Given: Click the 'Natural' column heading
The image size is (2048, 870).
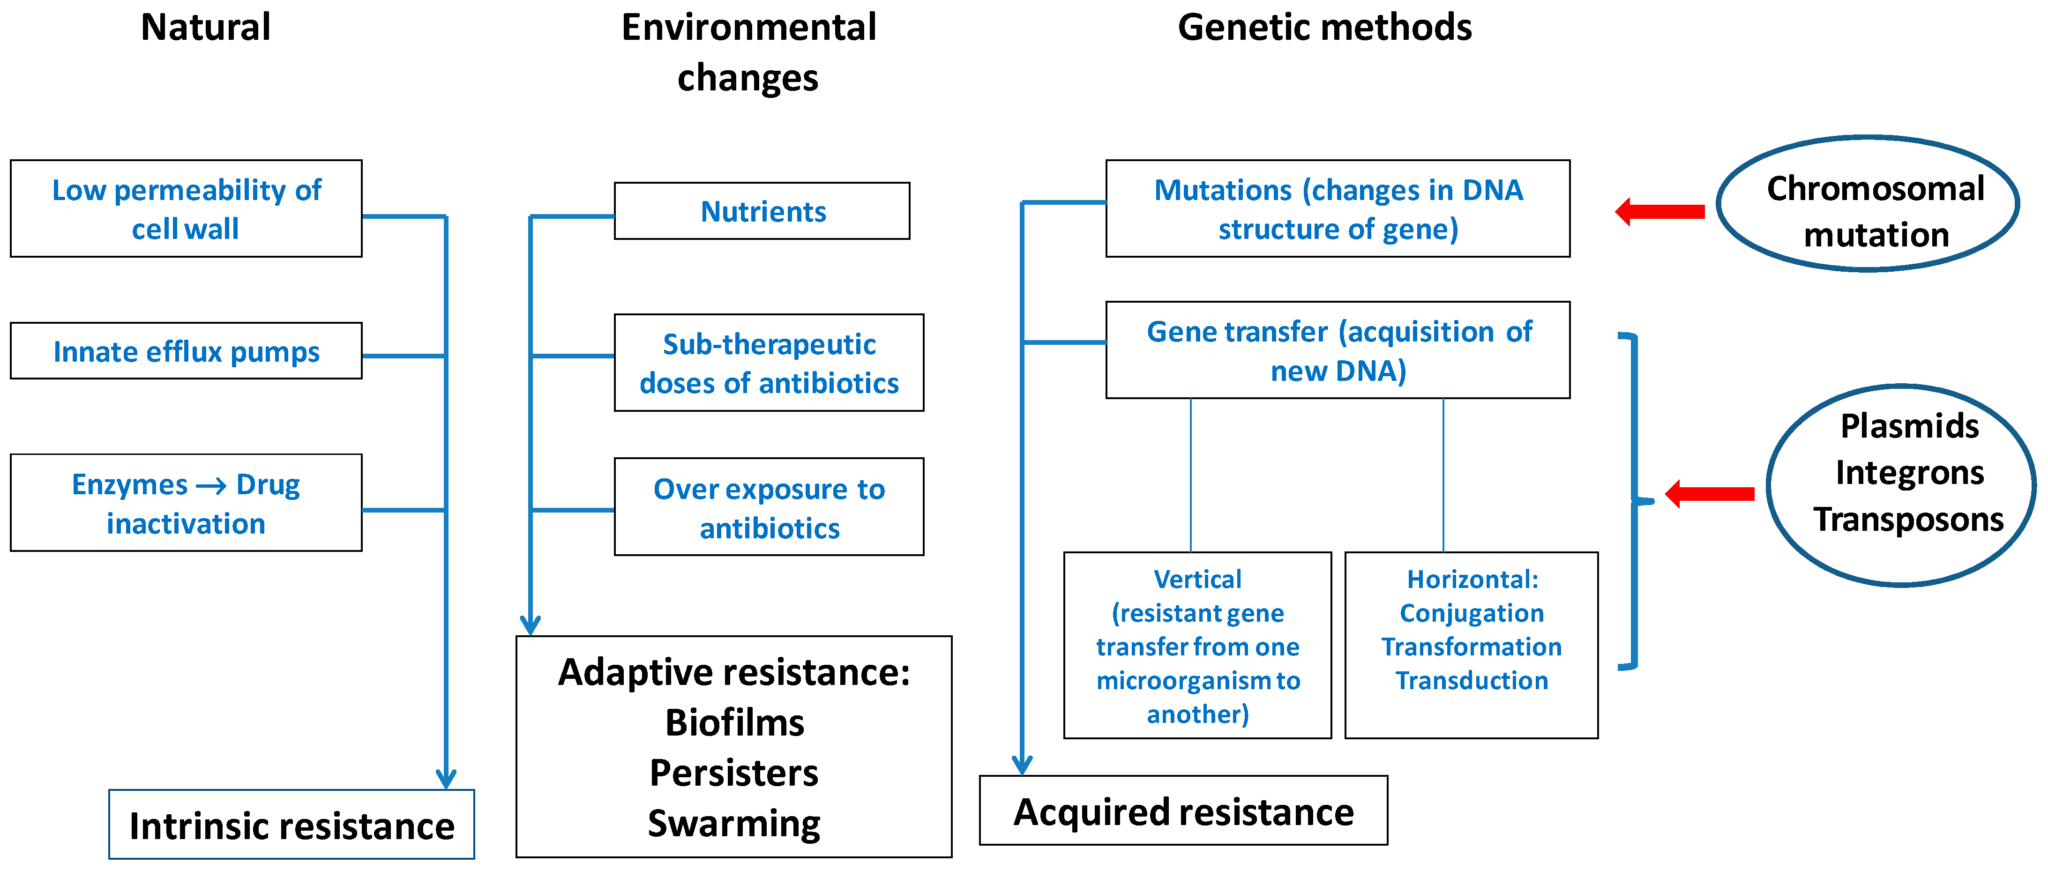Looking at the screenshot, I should (205, 27).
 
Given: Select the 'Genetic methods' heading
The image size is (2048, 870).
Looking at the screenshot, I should (1324, 27).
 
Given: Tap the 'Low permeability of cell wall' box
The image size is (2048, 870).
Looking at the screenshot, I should (186, 209).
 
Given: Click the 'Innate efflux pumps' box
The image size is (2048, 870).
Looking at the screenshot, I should (186, 351).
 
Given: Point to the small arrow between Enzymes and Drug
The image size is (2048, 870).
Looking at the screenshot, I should (211, 485).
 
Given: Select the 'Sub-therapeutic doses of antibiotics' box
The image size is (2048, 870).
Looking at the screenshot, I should (768, 363).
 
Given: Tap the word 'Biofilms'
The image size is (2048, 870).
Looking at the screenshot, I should (734, 723).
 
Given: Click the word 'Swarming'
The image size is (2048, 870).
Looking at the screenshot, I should (734, 823).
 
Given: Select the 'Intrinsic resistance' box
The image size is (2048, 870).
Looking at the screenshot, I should (292, 825).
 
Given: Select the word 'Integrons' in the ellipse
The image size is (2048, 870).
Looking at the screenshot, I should (1909, 473).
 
